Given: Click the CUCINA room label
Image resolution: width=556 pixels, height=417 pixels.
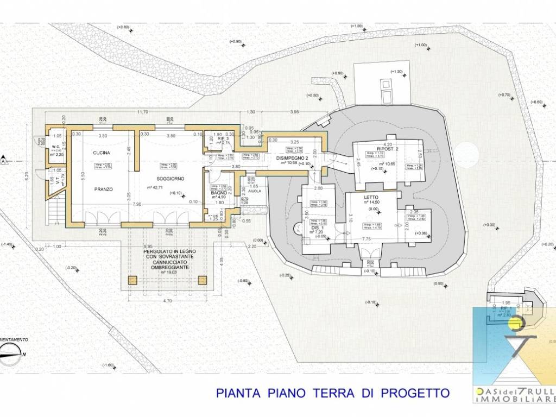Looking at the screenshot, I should point(102,153).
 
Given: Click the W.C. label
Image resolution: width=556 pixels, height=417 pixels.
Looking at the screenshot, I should point(55,147).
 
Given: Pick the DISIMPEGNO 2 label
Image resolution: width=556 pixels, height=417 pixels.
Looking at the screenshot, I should point(289,158).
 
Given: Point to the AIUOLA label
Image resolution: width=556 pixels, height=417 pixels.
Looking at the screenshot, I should point(255,192).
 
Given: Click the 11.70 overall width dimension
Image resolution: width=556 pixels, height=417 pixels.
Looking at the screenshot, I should point(143,112).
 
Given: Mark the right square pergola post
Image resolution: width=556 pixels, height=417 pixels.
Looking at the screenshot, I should point(203,280).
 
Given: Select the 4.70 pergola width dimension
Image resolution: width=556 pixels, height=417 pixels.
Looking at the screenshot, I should point(168,300).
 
